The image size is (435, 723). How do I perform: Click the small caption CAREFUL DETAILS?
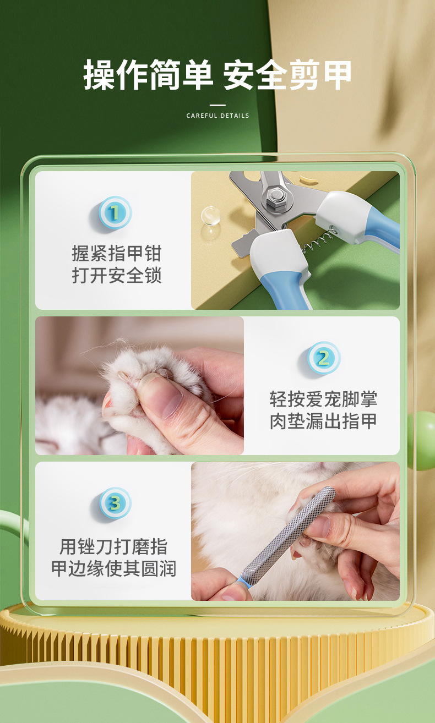tap(218, 116)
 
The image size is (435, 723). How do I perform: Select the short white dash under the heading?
tap(218, 105)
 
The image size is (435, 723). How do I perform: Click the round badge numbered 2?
tap(323, 358)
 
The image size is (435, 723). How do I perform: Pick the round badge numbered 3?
tap(115, 503)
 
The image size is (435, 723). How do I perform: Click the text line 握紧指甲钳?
tap(116, 254)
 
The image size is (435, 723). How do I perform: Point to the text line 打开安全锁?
tap(116, 275)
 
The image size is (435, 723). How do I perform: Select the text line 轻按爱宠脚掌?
tap(323, 399)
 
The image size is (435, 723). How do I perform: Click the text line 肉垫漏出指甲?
tap(323, 421)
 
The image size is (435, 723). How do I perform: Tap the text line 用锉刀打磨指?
tap(113, 546)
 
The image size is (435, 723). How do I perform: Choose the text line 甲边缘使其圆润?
tap(113, 568)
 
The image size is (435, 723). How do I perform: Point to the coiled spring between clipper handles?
tap(318, 242)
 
